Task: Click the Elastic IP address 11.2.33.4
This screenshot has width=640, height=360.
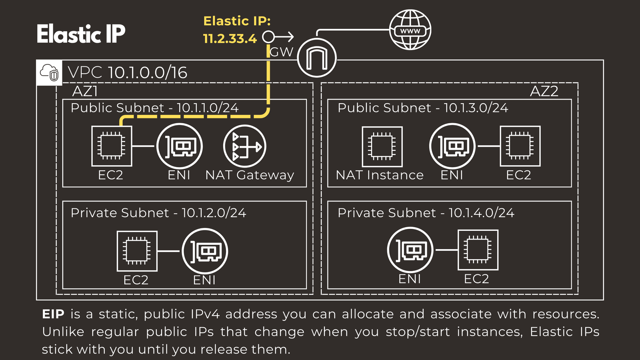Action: point(230,38)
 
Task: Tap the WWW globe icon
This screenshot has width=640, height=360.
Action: point(410,30)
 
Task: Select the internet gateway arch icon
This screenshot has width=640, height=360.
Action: point(317,58)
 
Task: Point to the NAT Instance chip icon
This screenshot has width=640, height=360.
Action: point(382,146)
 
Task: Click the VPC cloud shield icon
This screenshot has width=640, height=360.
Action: point(49,72)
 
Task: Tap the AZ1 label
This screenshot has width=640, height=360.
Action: point(85,92)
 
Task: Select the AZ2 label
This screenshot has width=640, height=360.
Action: point(544,92)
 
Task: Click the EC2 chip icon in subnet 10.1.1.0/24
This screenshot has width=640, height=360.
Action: point(112,146)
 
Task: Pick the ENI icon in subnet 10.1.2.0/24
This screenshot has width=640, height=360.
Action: point(205,251)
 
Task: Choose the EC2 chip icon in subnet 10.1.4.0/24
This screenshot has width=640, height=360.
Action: point(478,250)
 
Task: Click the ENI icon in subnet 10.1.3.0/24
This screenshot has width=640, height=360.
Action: point(452,146)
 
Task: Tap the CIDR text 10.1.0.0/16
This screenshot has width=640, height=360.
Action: point(148,73)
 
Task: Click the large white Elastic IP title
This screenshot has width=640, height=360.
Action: point(81,34)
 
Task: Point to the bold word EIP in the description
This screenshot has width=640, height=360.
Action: point(53,314)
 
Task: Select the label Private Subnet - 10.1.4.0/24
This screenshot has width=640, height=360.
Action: point(426,213)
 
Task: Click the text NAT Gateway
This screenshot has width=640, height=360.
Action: point(250,175)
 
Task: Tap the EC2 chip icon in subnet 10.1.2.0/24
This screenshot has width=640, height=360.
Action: point(137,251)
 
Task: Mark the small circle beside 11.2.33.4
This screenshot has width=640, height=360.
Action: point(268,37)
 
